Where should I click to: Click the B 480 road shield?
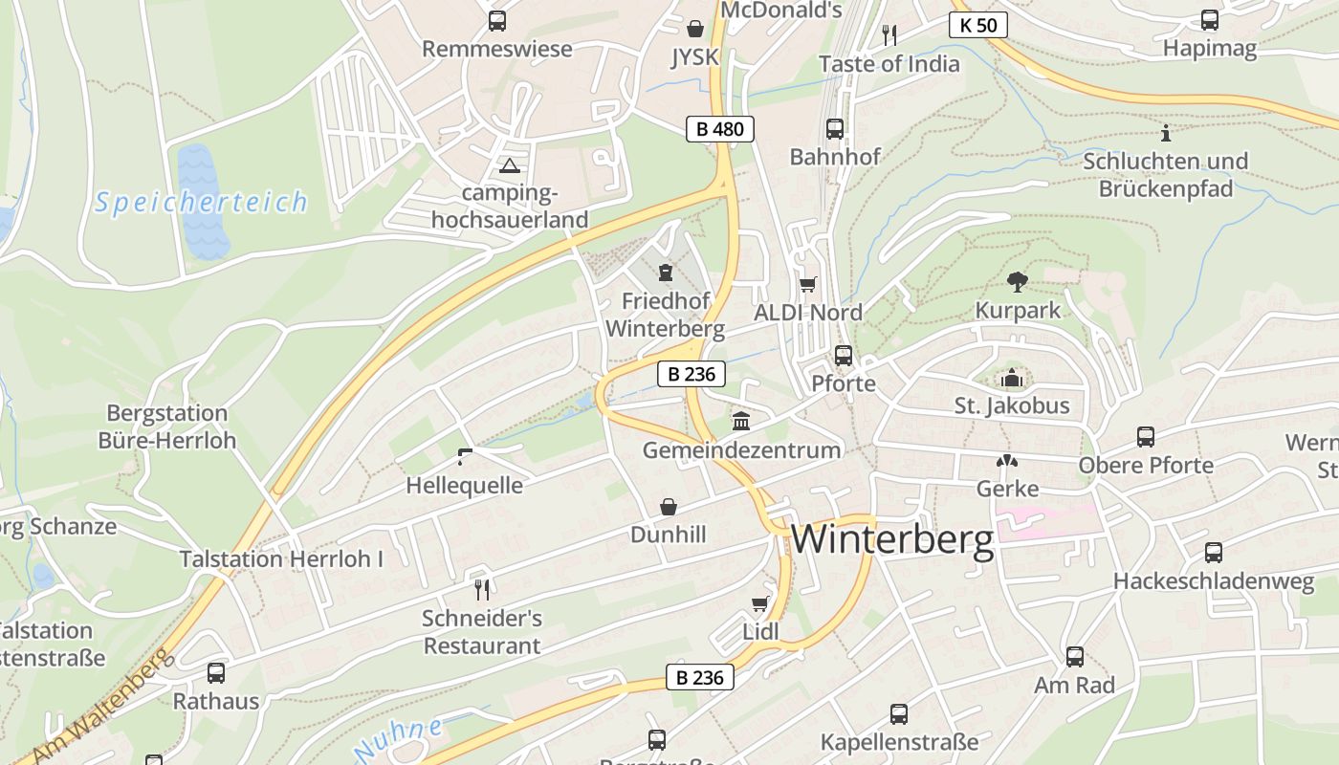[x=720, y=129]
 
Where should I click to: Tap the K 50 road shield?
[x=978, y=25]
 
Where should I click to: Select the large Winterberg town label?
[x=892, y=540]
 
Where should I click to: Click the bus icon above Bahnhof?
[x=834, y=129]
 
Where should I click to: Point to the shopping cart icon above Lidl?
[x=760, y=604]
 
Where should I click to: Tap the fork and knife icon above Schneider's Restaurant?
[x=482, y=589]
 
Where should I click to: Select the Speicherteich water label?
[x=202, y=203]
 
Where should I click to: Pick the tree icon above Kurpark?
[x=1018, y=282]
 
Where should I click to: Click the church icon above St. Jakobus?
[x=1012, y=379]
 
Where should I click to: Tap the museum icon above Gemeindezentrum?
[x=741, y=421]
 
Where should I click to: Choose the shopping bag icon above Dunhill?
[x=668, y=506]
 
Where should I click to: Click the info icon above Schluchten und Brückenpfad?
[x=1165, y=133]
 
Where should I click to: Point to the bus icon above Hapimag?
[x=1210, y=20]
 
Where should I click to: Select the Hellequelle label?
[x=464, y=485]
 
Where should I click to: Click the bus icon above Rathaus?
[x=216, y=673]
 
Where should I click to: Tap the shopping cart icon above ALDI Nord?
[x=808, y=284]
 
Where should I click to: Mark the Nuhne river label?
[x=398, y=739]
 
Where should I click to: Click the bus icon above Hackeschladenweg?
[x=1213, y=553]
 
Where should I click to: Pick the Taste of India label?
[x=889, y=64]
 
